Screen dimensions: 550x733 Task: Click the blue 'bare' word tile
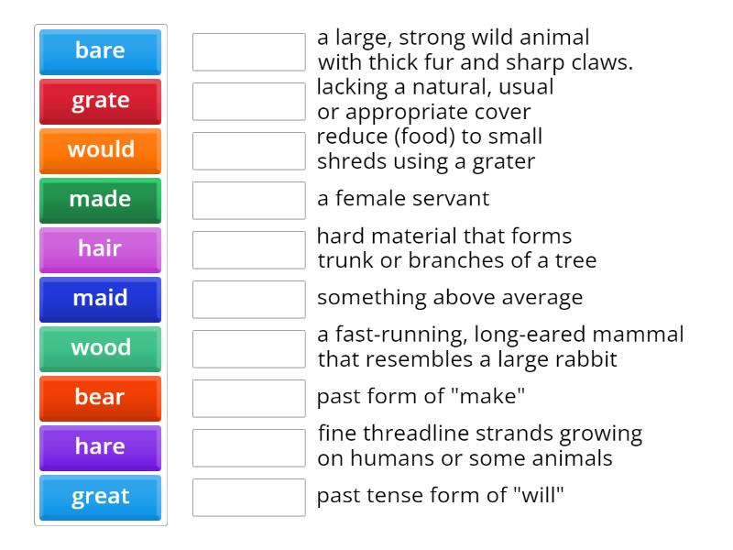[x=100, y=51]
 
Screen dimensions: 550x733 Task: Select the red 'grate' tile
[x=100, y=101]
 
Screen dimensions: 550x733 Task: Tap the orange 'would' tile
[x=100, y=150]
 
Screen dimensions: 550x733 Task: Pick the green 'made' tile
[x=100, y=200]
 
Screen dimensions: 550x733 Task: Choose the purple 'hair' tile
[x=100, y=249]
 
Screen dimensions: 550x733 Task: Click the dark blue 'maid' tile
[x=100, y=299]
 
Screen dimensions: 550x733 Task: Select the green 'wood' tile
[x=100, y=348]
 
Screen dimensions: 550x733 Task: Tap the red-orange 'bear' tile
[x=100, y=398]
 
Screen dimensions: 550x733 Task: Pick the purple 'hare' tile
[x=100, y=447]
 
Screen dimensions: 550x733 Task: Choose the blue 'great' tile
[x=100, y=497]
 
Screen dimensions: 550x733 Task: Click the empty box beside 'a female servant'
[x=248, y=200]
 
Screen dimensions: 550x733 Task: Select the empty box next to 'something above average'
[x=248, y=299]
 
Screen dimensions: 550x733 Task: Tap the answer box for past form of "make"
[x=248, y=398]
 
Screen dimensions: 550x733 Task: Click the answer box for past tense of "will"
[x=248, y=497]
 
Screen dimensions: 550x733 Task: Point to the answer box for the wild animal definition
[x=248, y=51]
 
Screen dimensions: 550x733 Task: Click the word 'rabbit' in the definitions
[x=585, y=359]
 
